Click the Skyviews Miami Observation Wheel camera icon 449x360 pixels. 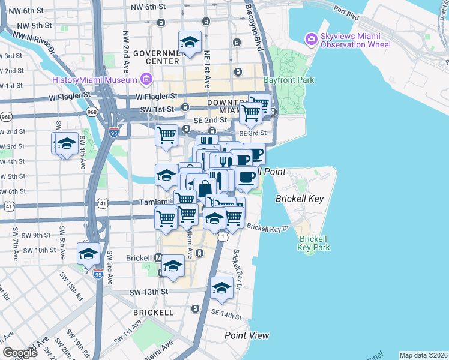[312, 40]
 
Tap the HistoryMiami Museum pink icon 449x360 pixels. [146, 79]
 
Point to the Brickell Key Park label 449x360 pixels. [314, 242]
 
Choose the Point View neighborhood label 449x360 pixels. [247, 335]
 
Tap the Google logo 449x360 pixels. [20, 353]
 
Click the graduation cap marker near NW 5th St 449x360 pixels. [190, 43]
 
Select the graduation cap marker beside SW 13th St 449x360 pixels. [221, 289]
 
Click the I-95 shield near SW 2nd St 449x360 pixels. [114, 133]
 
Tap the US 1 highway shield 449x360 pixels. [223, 237]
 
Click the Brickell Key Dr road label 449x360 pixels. [268, 228]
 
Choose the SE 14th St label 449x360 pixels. [226, 314]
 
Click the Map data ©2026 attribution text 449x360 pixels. [423, 355]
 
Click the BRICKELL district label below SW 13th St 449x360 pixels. [154, 313]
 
